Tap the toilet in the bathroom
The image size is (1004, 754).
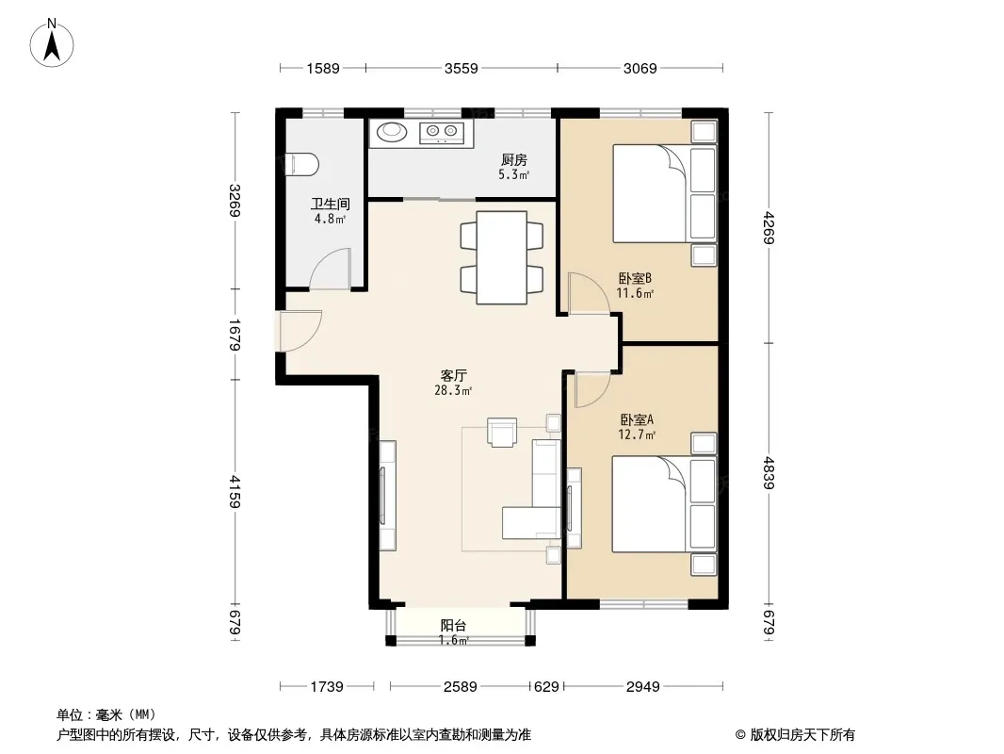301,165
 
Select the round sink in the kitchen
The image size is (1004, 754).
392,132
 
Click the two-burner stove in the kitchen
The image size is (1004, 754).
442,133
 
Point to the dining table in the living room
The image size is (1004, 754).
502,257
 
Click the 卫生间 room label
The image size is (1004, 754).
331,205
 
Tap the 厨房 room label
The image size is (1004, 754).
513,160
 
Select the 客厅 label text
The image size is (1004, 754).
453,375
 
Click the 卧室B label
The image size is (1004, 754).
635,279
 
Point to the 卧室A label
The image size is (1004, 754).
637,420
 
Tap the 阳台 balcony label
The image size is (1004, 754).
453,626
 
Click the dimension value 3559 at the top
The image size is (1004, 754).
461,68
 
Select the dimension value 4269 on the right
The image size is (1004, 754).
769,228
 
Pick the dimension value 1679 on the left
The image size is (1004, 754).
235,335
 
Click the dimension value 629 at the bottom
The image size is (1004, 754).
546,687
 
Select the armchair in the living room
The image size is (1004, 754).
502,432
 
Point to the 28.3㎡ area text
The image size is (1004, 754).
453,390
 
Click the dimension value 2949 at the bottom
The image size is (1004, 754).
643,687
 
